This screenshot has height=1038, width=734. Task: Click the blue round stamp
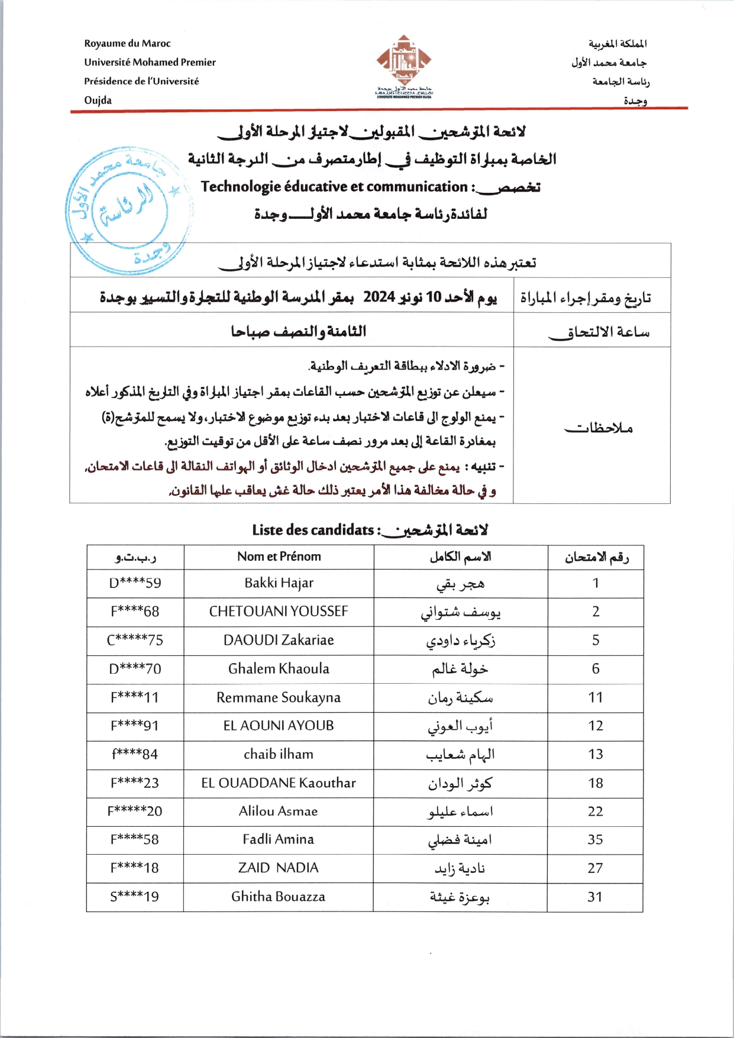[129, 210]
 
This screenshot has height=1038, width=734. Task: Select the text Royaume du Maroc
[127, 43]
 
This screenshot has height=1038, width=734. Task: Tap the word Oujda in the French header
[98, 100]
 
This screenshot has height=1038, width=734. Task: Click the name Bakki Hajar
[279, 583]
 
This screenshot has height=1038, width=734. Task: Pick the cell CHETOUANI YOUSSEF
[279, 612]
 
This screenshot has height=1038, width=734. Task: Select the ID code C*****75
[135, 640]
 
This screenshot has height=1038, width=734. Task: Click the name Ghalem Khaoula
[279, 669]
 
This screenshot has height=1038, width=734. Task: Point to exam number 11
[596, 697]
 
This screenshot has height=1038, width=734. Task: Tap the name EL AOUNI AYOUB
[279, 726]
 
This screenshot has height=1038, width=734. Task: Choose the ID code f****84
[135, 754]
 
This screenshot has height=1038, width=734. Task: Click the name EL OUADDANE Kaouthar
[279, 783]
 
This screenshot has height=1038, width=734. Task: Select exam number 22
[596, 811]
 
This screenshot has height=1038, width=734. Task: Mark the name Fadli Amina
[279, 839]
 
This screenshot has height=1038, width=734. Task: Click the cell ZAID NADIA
[279, 868]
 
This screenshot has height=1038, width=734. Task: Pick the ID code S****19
[135, 897]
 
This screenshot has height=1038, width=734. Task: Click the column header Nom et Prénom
[279, 557]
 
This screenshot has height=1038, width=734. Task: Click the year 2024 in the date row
[379, 297]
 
